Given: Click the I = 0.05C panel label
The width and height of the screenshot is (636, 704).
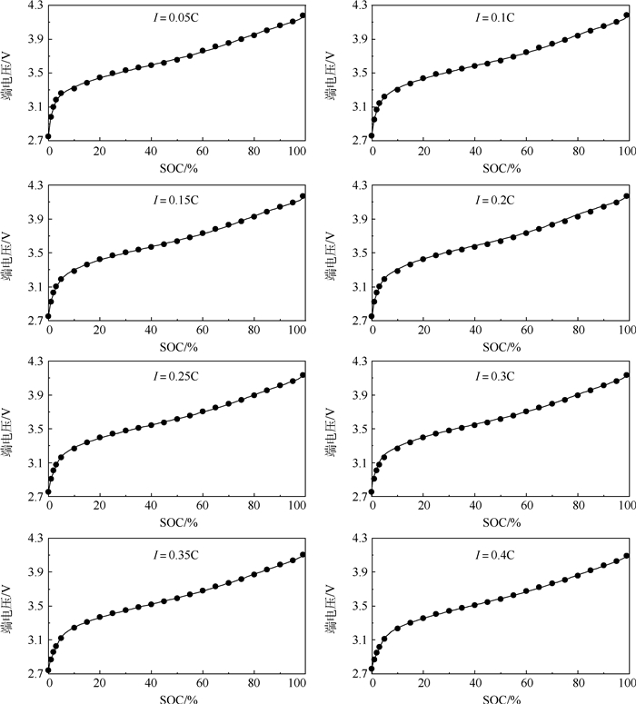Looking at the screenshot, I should click(176, 17).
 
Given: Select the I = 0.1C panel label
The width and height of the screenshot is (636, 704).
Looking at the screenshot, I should click(499, 17).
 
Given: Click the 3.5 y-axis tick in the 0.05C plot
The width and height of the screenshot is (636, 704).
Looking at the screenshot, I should click(30, 73).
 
